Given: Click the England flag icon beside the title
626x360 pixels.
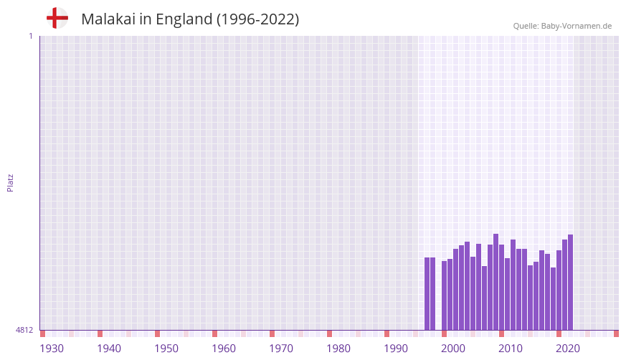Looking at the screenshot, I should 57,19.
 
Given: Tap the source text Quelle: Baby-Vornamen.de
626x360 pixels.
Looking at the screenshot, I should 562,26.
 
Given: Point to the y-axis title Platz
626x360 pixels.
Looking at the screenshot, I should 10,182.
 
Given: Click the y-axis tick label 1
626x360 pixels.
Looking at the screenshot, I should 30,36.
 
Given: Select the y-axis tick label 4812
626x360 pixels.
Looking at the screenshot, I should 24,330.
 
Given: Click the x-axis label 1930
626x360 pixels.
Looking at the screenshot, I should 52,349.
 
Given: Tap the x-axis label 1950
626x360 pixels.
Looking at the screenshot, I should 166,349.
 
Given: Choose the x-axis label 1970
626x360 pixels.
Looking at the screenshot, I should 281,349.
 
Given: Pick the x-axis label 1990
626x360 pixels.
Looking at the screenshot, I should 396,349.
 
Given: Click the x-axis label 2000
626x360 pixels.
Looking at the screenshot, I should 453,349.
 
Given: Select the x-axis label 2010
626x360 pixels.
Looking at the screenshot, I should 511,349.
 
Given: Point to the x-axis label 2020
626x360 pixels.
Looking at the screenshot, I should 568,349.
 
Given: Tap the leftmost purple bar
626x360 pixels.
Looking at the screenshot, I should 427,293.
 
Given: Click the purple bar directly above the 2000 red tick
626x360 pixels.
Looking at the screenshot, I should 444,295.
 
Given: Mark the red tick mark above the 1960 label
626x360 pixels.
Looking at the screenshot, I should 214,333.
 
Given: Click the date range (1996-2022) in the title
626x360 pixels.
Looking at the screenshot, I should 257,19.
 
